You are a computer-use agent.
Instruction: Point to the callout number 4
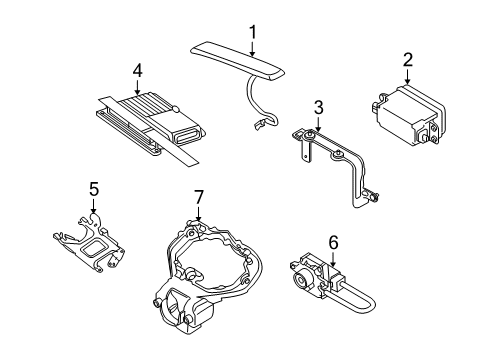[x=136, y=69]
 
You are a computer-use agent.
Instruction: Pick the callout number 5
[x=93, y=187]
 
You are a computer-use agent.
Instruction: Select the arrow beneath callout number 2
[x=407, y=76]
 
